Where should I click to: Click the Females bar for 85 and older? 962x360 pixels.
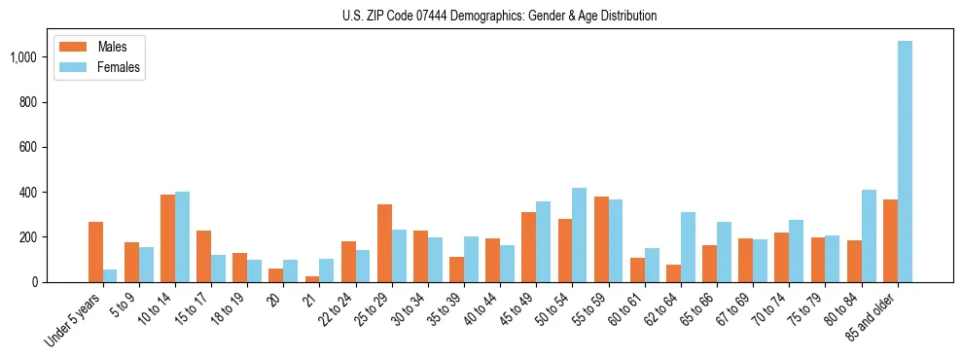(906, 162)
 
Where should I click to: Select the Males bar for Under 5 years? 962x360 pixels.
(95, 252)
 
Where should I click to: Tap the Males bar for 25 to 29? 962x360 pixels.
(384, 243)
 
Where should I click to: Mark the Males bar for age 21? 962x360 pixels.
(312, 279)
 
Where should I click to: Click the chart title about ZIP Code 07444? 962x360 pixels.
(499, 16)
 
